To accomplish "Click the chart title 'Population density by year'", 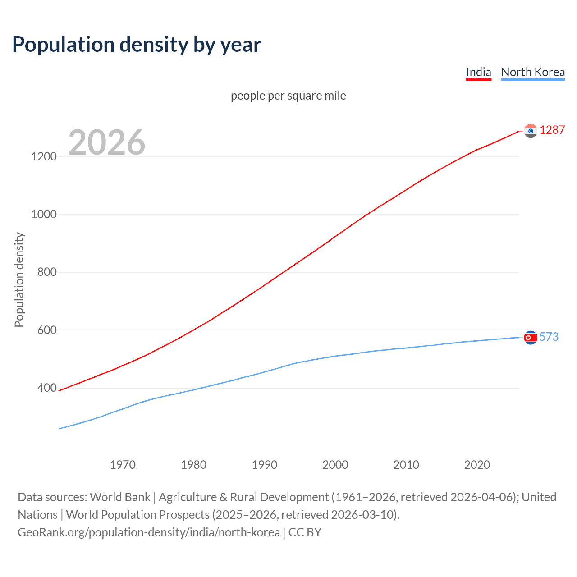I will (137, 45).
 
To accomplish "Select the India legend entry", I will (478, 72).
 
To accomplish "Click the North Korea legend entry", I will (533, 72).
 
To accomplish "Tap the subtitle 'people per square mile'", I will (288, 96).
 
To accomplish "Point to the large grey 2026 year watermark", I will (107, 142).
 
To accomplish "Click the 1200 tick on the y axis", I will (44, 156).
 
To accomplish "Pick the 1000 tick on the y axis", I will (44, 214).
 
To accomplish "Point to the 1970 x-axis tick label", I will (123, 465).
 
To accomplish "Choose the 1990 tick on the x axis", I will (265, 465).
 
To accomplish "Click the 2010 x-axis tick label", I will (406, 465).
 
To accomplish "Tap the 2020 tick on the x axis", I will (477, 465).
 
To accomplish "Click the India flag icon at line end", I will (531, 131).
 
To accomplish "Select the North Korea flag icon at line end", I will (531, 337).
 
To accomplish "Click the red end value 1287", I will (552, 130).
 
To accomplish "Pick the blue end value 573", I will (549, 337).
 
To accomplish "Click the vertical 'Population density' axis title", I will (19, 279).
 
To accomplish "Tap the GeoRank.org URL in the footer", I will (149, 532).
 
